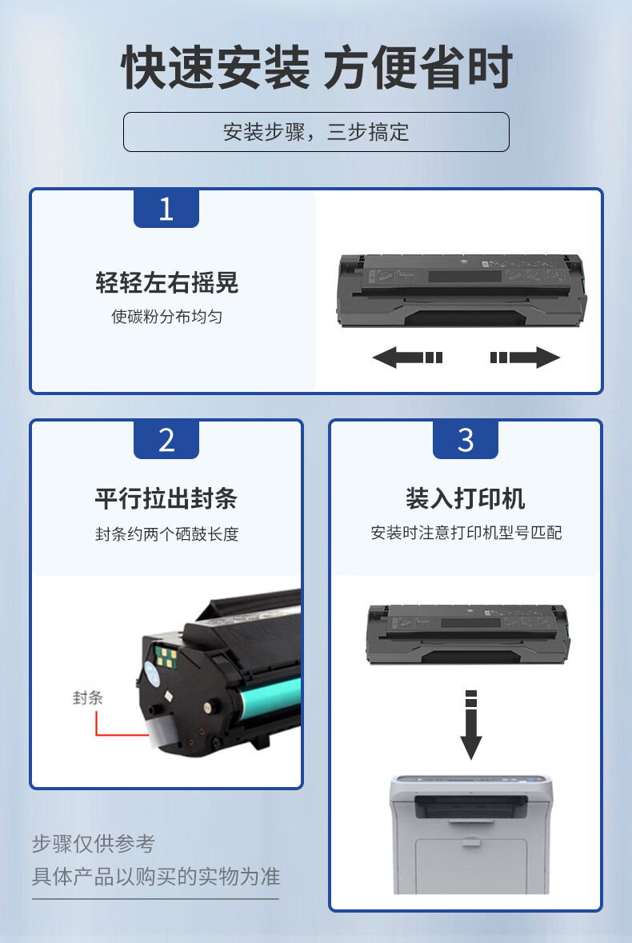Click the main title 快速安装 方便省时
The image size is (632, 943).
pos(317,67)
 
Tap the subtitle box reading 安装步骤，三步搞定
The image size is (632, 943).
pos(316,132)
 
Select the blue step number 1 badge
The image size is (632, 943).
pos(166,209)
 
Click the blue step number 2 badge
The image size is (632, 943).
pos(166,440)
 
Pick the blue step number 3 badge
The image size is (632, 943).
pos(466,440)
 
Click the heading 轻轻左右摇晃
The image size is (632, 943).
pos(166,282)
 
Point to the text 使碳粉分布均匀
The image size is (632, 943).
pos(166,317)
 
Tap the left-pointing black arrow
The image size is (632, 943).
pos(408,358)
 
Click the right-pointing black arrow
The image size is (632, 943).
pos(525,358)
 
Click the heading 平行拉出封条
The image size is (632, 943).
pos(166,498)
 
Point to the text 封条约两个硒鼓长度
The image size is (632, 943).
pos(166,533)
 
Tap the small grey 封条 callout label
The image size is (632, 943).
pos(88,697)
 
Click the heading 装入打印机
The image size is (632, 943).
pos(466,498)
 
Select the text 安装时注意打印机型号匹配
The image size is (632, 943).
pos(466,533)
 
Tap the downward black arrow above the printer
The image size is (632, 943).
pos(471,725)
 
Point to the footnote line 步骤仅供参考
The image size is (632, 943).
pos(94,843)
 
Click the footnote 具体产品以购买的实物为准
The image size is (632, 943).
pos(156,877)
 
